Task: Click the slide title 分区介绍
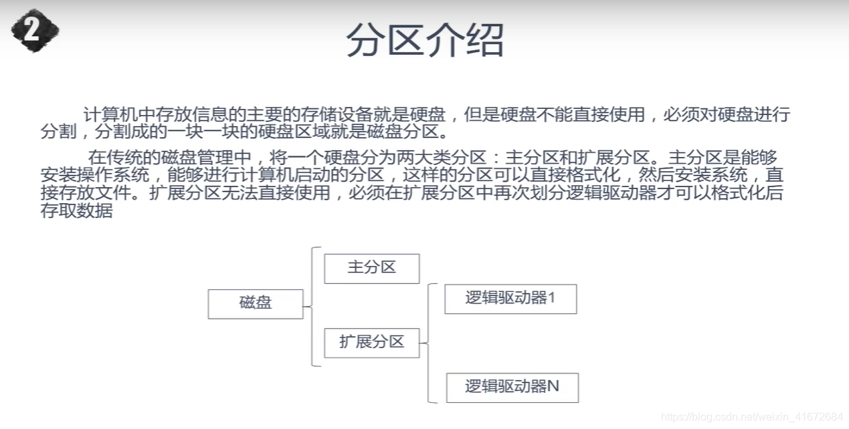pyautogui.click(x=424, y=41)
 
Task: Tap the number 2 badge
pyautogui.click(x=34, y=30)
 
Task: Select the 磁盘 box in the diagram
pyautogui.click(x=256, y=303)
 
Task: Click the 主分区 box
pyautogui.click(x=371, y=268)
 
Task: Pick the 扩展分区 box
pyautogui.click(x=371, y=343)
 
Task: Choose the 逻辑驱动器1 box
pyautogui.click(x=510, y=299)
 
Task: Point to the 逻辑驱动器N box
pyautogui.click(x=512, y=387)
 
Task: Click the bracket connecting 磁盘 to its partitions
pyautogui.click(x=312, y=307)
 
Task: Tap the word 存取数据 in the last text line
pyautogui.click(x=76, y=212)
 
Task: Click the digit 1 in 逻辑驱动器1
pyautogui.click(x=552, y=299)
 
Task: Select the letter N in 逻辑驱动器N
pyautogui.click(x=553, y=387)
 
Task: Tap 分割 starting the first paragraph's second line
pyautogui.click(x=58, y=131)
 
